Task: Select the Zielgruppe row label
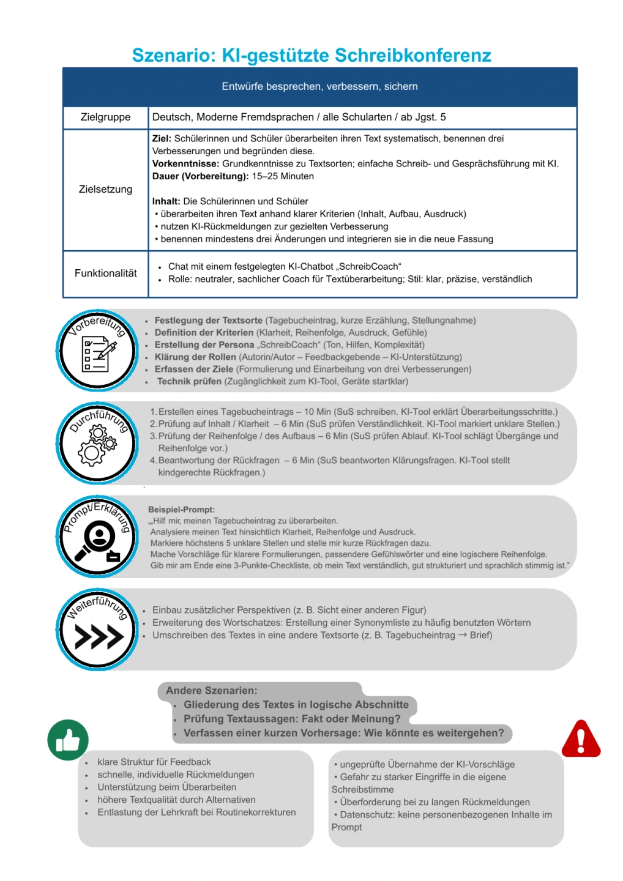105,117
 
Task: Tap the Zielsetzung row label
105,189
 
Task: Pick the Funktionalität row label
105,273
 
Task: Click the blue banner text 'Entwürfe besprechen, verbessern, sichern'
319,86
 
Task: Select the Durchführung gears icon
97,445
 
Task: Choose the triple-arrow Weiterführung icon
99,636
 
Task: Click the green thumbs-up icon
68,740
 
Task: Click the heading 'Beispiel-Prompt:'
181,510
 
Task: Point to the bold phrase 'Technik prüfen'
189,381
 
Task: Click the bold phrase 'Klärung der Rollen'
195,357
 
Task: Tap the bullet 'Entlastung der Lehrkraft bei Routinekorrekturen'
196,812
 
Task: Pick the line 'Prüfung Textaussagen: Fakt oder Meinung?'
292,718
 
